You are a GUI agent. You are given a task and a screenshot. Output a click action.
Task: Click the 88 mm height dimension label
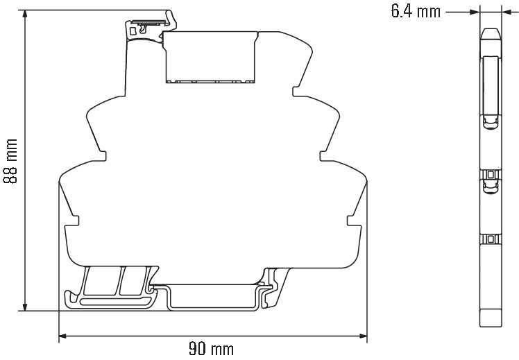(x=10, y=161)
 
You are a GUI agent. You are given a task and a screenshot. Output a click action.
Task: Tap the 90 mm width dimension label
(x=211, y=349)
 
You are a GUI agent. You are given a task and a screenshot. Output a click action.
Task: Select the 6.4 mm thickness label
(x=416, y=12)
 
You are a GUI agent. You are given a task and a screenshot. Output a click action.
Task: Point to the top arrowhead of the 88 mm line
(x=24, y=14)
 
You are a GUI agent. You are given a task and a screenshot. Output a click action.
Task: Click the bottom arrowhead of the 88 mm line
(x=24, y=307)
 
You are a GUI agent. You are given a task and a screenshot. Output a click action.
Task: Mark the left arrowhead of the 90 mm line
(x=63, y=336)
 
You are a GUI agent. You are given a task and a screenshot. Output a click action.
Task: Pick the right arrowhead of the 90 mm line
(x=363, y=336)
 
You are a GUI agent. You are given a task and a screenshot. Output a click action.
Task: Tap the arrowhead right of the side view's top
(x=507, y=12)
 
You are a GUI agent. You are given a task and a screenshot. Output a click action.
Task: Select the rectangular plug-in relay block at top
(x=211, y=57)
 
